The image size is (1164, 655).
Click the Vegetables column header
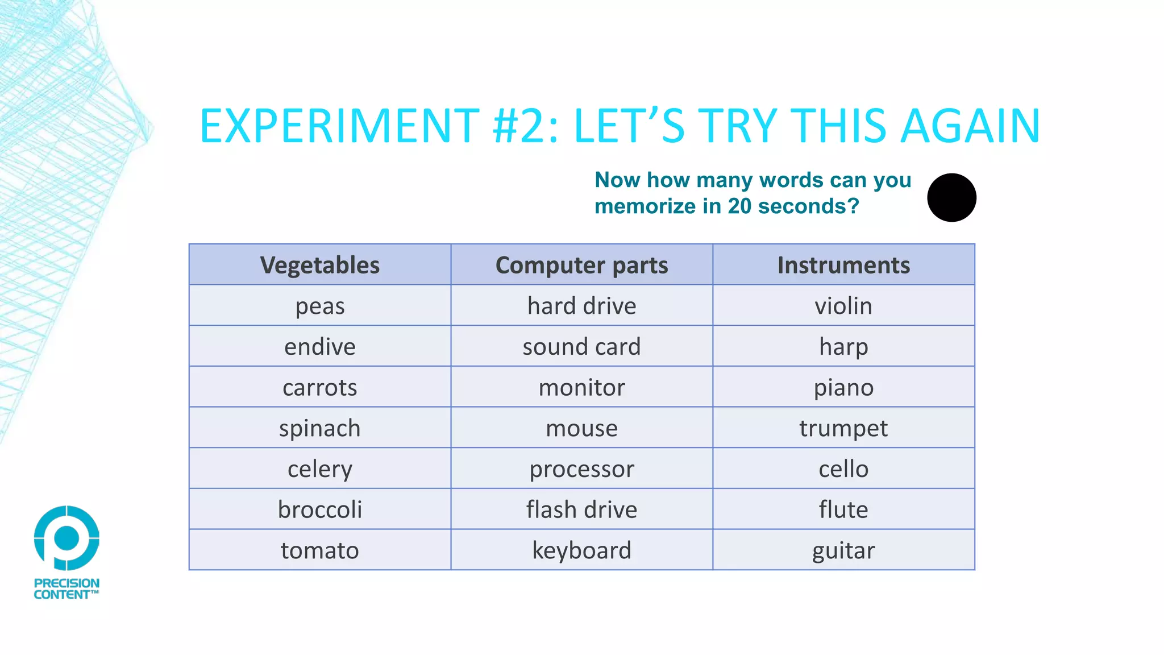pos(320,265)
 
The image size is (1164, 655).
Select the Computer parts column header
pos(581,265)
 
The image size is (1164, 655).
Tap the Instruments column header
pos(843,265)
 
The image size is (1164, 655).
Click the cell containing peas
pos(320,306)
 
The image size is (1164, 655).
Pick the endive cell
pos(320,347)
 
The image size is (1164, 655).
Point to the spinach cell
pos(320,428)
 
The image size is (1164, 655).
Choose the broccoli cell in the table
pos(320,509)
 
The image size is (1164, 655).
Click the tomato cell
pos(320,550)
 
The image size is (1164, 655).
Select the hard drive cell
pos(581,306)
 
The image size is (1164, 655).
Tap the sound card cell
pos(581,347)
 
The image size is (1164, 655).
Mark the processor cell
pos(581,469)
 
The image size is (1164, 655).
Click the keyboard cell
pos(581,550)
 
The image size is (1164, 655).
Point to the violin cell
pos(843,306)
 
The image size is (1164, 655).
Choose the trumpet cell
pos(843,428)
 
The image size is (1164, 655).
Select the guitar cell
pos(843,550)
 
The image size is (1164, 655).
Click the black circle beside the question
pos(951,198)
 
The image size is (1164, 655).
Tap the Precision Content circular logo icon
pos(66,537)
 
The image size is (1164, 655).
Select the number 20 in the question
pos(740,206)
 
